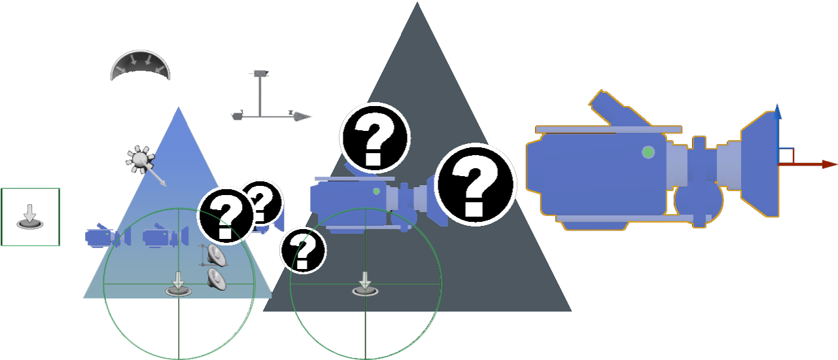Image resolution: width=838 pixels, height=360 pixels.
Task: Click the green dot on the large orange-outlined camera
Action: [x=648, y=152]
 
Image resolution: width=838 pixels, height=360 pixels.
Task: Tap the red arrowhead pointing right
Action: [x=829, y=164]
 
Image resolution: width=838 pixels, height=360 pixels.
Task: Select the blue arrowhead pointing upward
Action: [x=777, y=111]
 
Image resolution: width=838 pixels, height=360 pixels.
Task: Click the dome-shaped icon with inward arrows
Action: [x=140, y=65]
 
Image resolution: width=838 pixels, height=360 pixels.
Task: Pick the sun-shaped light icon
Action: [x=141, y=160]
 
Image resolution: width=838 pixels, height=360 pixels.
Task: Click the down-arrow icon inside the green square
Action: [x=30, y=217]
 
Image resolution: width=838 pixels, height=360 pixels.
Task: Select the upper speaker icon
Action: [x=217, y=255]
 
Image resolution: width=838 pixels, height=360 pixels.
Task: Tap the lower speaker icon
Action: [x=217, y=279]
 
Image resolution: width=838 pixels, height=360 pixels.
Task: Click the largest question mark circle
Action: [x=475, y=185]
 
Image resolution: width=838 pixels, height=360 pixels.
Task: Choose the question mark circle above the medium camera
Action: [x=375, y=137]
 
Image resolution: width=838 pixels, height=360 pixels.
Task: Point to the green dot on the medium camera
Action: [x=376, y=191]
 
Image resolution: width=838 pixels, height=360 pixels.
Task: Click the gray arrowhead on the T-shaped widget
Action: [x=302, y=117]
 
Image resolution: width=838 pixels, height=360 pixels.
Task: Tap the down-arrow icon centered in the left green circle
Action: [x=179, y=285]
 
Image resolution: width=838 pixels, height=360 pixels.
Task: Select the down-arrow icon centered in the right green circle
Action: [x=365, y=285]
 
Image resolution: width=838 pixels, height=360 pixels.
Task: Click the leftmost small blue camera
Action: [x=108, y=236]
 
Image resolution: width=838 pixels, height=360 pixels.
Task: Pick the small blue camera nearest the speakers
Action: [x=166, y=236]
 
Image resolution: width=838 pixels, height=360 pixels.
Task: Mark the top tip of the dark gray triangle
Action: [x=417, y=2]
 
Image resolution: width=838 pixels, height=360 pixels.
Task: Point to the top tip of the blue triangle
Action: [x=179, y=107]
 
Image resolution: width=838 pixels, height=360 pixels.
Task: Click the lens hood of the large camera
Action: [x=759, y=164]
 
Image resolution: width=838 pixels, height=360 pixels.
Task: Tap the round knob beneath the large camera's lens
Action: [x=699, y=200]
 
